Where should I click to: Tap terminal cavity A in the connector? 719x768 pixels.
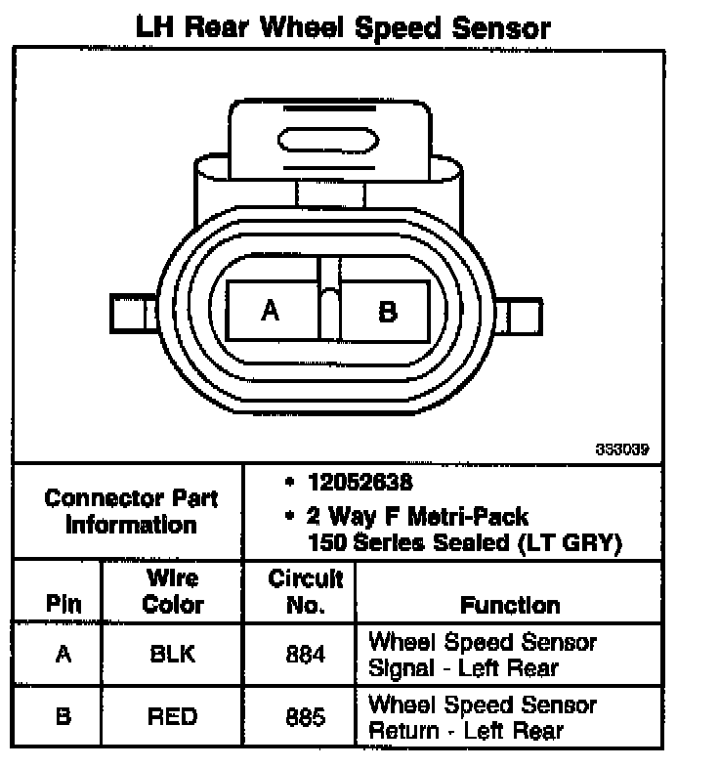[271, 311]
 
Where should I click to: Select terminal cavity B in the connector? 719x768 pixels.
[388, 311]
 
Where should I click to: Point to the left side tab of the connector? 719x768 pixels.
[133, 316]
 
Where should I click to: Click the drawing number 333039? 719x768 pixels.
[622, 450]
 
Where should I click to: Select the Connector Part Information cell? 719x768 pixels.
[131, 511]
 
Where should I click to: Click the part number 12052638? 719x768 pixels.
[359, 483]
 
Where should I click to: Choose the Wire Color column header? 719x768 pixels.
[172, 591]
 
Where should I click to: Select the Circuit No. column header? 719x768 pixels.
[306, 591]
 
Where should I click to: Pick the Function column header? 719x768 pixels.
[510, 605]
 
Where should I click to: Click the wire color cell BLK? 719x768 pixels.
[172, 655]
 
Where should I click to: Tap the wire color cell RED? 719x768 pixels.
[172, 716]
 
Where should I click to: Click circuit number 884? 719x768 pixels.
[305, 655]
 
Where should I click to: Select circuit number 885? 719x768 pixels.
[305, 716]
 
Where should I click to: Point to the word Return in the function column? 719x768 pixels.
[401, 730]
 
